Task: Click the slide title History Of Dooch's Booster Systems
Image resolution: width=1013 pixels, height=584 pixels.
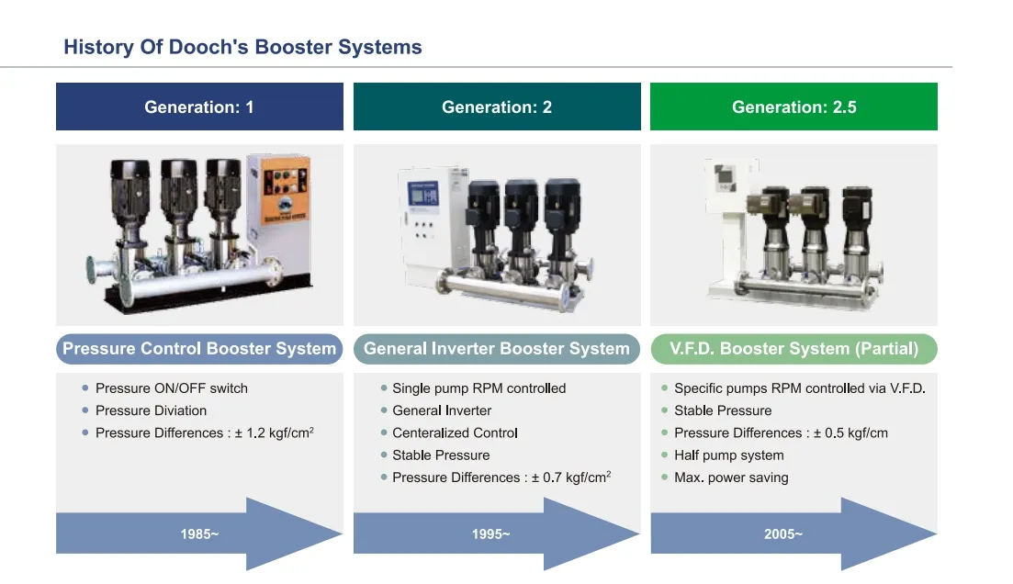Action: point(242,48)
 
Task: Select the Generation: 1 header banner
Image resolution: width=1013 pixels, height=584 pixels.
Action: point(199,107)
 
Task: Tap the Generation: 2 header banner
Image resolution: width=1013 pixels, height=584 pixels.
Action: point(497,107)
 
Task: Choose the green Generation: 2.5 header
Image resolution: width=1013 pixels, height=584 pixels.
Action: point(794,107)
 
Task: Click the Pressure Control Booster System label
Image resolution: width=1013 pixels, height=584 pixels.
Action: point(199,349)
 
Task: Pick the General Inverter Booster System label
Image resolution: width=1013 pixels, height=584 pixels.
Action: point(497,349)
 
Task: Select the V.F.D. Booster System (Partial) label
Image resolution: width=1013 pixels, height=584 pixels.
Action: point(794,349)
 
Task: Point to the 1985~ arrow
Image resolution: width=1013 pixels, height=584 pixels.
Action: point(199,533)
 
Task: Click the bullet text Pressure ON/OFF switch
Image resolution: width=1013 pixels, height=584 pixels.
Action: point(172,388)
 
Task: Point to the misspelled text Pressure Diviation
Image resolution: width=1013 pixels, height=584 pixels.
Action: point(151,410)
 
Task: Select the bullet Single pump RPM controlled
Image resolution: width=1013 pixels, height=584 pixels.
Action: point(478,388)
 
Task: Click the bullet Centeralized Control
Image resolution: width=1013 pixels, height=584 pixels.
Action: point(455,432)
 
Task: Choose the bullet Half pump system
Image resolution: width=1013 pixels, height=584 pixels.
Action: point(728,455)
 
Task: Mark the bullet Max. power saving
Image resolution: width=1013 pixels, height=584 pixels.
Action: point(731,477)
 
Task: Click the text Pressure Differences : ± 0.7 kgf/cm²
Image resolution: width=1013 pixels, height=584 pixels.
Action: point(501,477)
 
